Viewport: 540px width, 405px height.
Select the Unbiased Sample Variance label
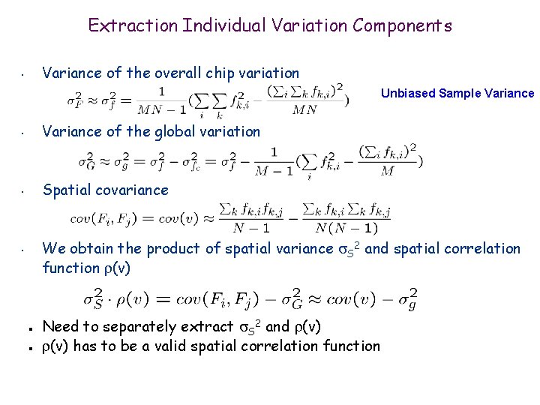tap(457, 94)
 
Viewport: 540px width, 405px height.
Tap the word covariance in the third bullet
tap(132, 190)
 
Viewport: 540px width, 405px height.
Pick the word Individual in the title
tap(211, 25)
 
